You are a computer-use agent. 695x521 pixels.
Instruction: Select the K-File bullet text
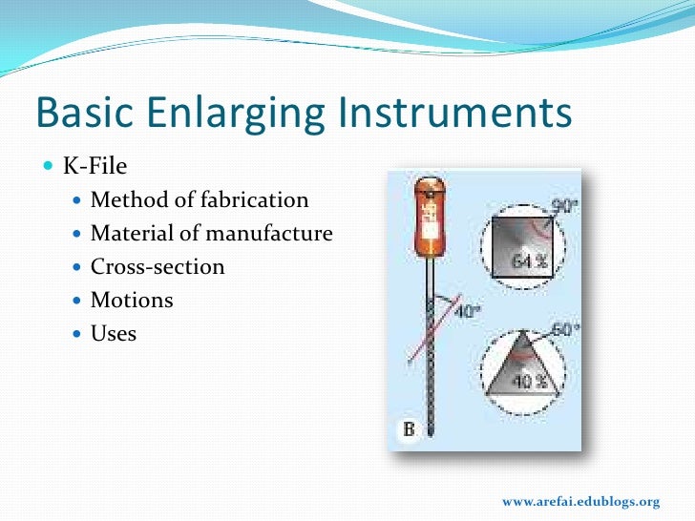point(95,166)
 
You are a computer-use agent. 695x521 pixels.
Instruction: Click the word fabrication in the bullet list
point(258,200)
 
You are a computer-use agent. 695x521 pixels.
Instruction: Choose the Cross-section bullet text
point(158,267)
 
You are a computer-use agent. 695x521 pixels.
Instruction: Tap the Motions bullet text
point(132,301)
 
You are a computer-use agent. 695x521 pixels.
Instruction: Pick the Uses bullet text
point(114,334)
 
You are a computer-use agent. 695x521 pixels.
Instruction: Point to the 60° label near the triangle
point(566,330)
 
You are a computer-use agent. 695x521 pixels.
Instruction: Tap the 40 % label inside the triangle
point(523,382)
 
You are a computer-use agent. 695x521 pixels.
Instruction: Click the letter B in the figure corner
point(408,430)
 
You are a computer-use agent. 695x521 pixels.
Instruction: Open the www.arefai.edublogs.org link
point(580,502)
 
